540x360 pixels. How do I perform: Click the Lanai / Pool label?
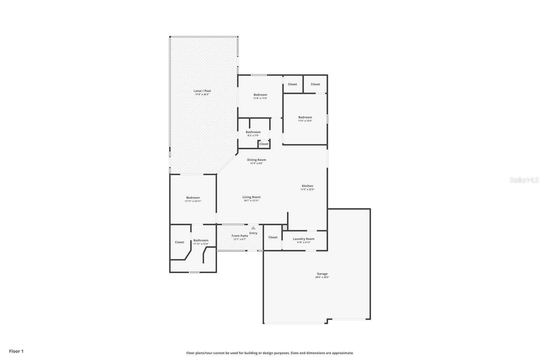202,91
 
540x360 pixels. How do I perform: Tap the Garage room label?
322,274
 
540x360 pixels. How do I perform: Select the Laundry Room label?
303,239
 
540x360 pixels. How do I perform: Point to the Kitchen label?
307,186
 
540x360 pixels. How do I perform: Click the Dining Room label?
256,160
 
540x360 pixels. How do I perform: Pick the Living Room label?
251,197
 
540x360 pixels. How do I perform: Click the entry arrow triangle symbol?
253,228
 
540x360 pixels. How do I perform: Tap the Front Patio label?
240,236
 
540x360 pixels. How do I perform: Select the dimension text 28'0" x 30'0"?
322,277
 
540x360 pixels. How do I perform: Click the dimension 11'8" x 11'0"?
260,98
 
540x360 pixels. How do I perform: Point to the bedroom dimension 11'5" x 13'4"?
305,121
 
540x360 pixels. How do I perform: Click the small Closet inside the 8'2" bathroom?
264,144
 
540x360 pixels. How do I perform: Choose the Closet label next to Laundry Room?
273,237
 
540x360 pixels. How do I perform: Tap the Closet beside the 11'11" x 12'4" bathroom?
179,242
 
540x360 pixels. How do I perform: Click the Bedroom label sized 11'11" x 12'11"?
193,198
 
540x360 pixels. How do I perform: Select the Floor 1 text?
16,351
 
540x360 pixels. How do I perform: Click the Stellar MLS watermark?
524,180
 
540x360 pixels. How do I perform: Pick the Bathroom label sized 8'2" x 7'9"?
253,132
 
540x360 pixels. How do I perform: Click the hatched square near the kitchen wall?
285,228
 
